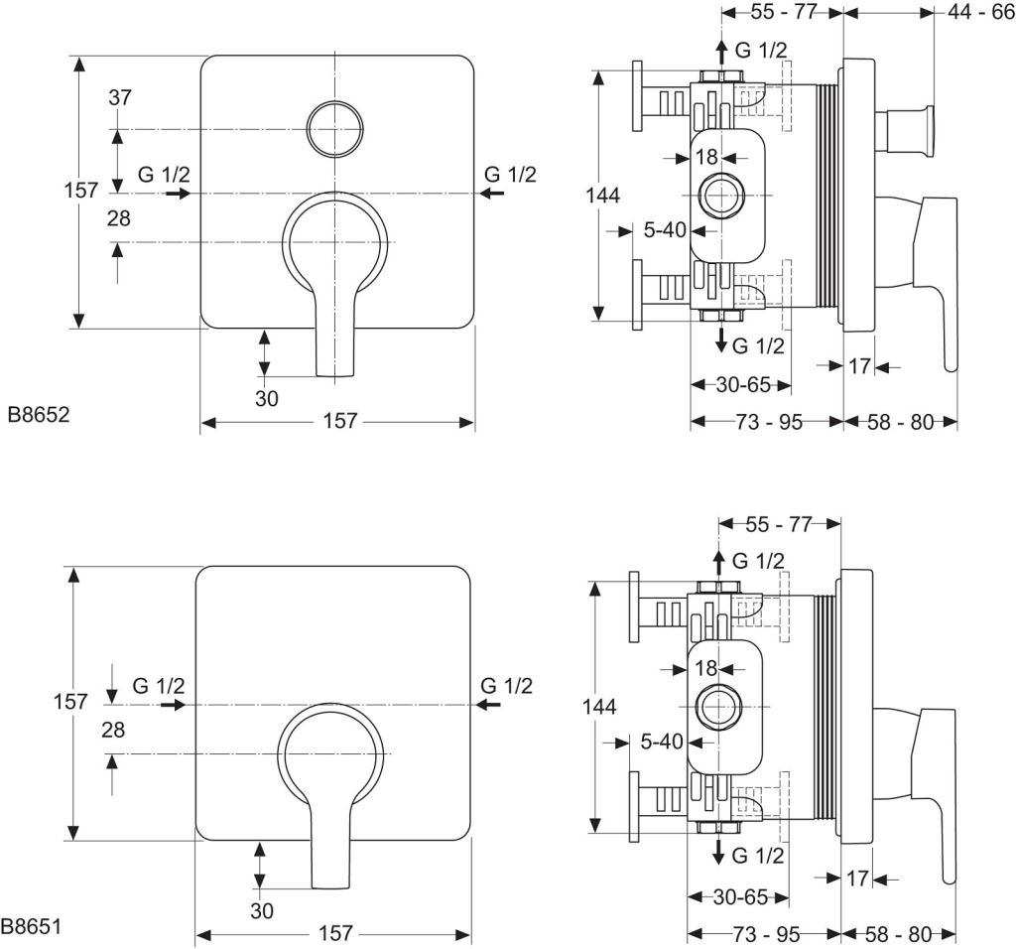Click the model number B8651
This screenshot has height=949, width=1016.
pos(32,927)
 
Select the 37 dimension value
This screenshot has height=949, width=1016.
pos(120,97)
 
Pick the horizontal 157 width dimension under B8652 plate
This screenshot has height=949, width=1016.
pos(338,422)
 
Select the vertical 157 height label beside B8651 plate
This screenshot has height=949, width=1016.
pos(69,701)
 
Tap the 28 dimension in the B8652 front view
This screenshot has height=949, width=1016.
pos(119,218)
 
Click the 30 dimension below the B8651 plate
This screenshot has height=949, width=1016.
pos(262,910)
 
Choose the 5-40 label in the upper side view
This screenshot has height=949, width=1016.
pos(665,230)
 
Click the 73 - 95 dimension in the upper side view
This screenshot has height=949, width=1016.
pos(768,422)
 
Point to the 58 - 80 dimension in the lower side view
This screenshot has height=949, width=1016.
pos(899,933)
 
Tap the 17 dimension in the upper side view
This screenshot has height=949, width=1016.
pos(859,366)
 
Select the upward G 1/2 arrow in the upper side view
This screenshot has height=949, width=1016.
pos(721,50)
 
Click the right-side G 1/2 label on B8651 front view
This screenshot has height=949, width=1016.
pos(506,685)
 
